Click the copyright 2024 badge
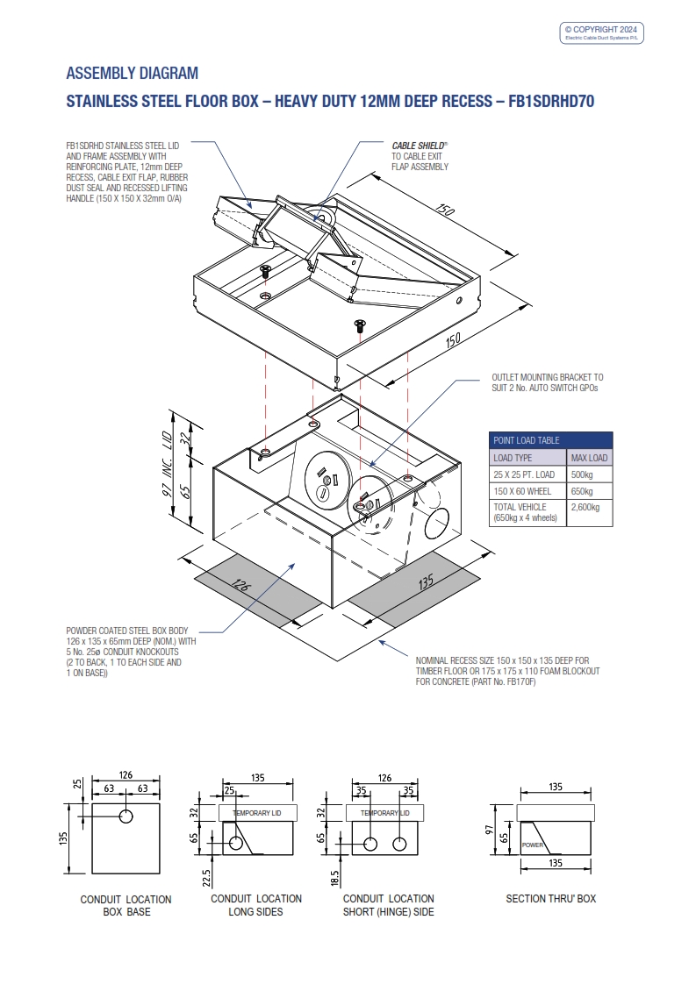[603, 32]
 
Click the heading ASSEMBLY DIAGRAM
[133, 73]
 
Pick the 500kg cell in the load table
[582, 474]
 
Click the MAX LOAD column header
[589, 458]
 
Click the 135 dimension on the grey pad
[426, 581]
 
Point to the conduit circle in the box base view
[126, 816]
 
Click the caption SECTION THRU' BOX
[550, 899]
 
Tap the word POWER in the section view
[533, 845]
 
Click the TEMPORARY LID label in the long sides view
[258, 814]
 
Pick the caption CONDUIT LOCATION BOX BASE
[126, 906]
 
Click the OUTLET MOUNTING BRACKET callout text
[548, 381]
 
